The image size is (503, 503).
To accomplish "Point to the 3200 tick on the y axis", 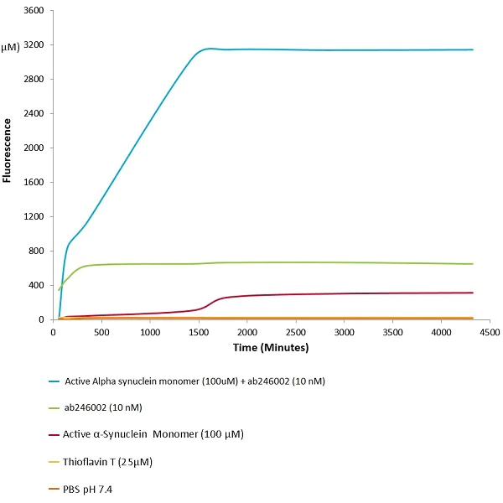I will point(34,45).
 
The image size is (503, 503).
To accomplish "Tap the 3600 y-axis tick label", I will point(34,11).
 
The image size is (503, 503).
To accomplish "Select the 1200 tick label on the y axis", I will point(34,217).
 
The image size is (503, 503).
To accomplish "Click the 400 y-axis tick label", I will point(37,286).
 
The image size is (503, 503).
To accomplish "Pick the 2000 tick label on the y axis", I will point(34,148).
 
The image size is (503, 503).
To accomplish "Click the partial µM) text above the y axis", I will point(9,47).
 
